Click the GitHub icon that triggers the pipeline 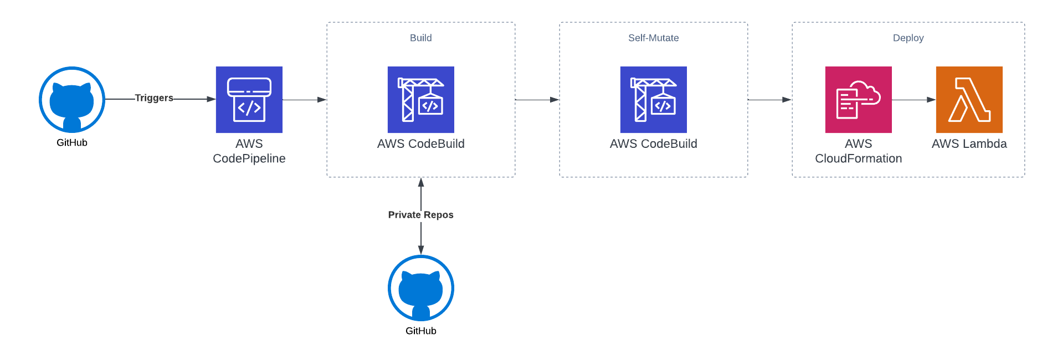tap(72, 100)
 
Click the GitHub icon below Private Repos tap(421, 288)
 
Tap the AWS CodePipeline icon tap(249, 100)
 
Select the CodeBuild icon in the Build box tap(421, 100)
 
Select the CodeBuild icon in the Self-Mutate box tap(654, 100)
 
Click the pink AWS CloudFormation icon tap(859, 100)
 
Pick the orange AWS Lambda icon tap(969, 100)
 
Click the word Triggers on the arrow tap(154, 98)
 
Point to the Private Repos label tap(421, 215)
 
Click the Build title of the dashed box tap(421, 38)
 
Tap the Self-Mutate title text tap(654, 38)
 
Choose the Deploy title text tap(909, 38)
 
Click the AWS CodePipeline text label tap(249, 151)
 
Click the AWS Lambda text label tap(969, 144)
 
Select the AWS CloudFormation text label tap(859, 151)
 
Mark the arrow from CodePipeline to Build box tap(305, 100)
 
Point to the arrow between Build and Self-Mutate tap(537, 100)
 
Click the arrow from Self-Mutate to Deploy tap(770, 100)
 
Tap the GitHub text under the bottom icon tap(421, 331)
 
